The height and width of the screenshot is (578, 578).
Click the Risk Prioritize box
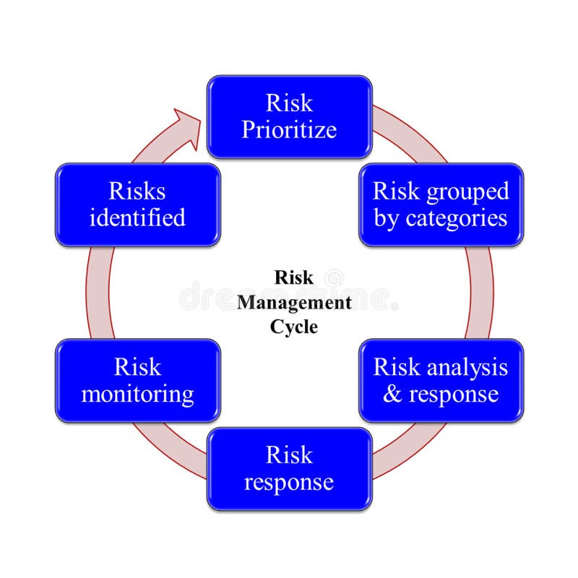[289, 116]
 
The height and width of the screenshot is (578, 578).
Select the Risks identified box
[137, 204]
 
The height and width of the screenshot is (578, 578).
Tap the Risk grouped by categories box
[441, 204]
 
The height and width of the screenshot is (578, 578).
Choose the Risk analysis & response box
[441, 380]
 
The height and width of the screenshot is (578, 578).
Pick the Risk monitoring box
[137, 380]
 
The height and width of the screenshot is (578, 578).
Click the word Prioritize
[289, 130]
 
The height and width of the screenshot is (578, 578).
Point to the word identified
[137, 217]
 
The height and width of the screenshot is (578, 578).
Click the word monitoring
[137, 394]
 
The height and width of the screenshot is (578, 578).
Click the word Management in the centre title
[295, 302]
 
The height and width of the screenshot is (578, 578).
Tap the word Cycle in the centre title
[294, 326]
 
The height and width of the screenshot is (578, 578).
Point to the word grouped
[467, 191]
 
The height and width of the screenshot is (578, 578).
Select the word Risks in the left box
[137, 191]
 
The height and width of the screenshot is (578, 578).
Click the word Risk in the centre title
[294, 278]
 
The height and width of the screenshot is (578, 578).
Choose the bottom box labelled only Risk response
[289, 468]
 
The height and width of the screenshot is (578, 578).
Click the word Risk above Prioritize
[289, 103]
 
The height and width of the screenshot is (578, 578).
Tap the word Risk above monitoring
[137, 367]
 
